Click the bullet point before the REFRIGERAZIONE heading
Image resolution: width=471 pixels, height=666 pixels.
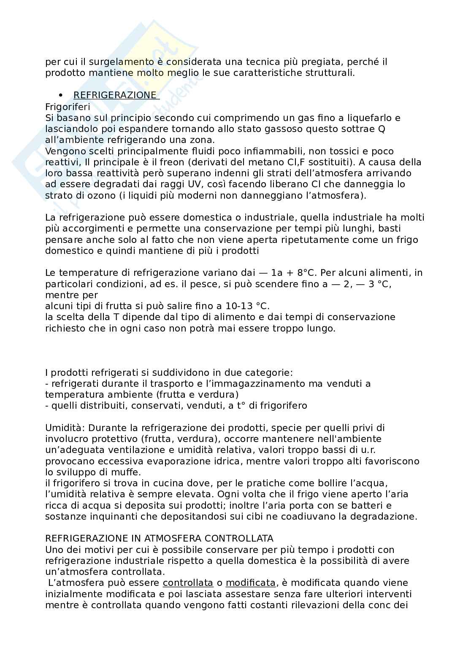pos(61,95)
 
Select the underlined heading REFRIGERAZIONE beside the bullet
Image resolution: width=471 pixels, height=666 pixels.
pos(115,95)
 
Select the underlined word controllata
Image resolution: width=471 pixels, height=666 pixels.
pos(188,583)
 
